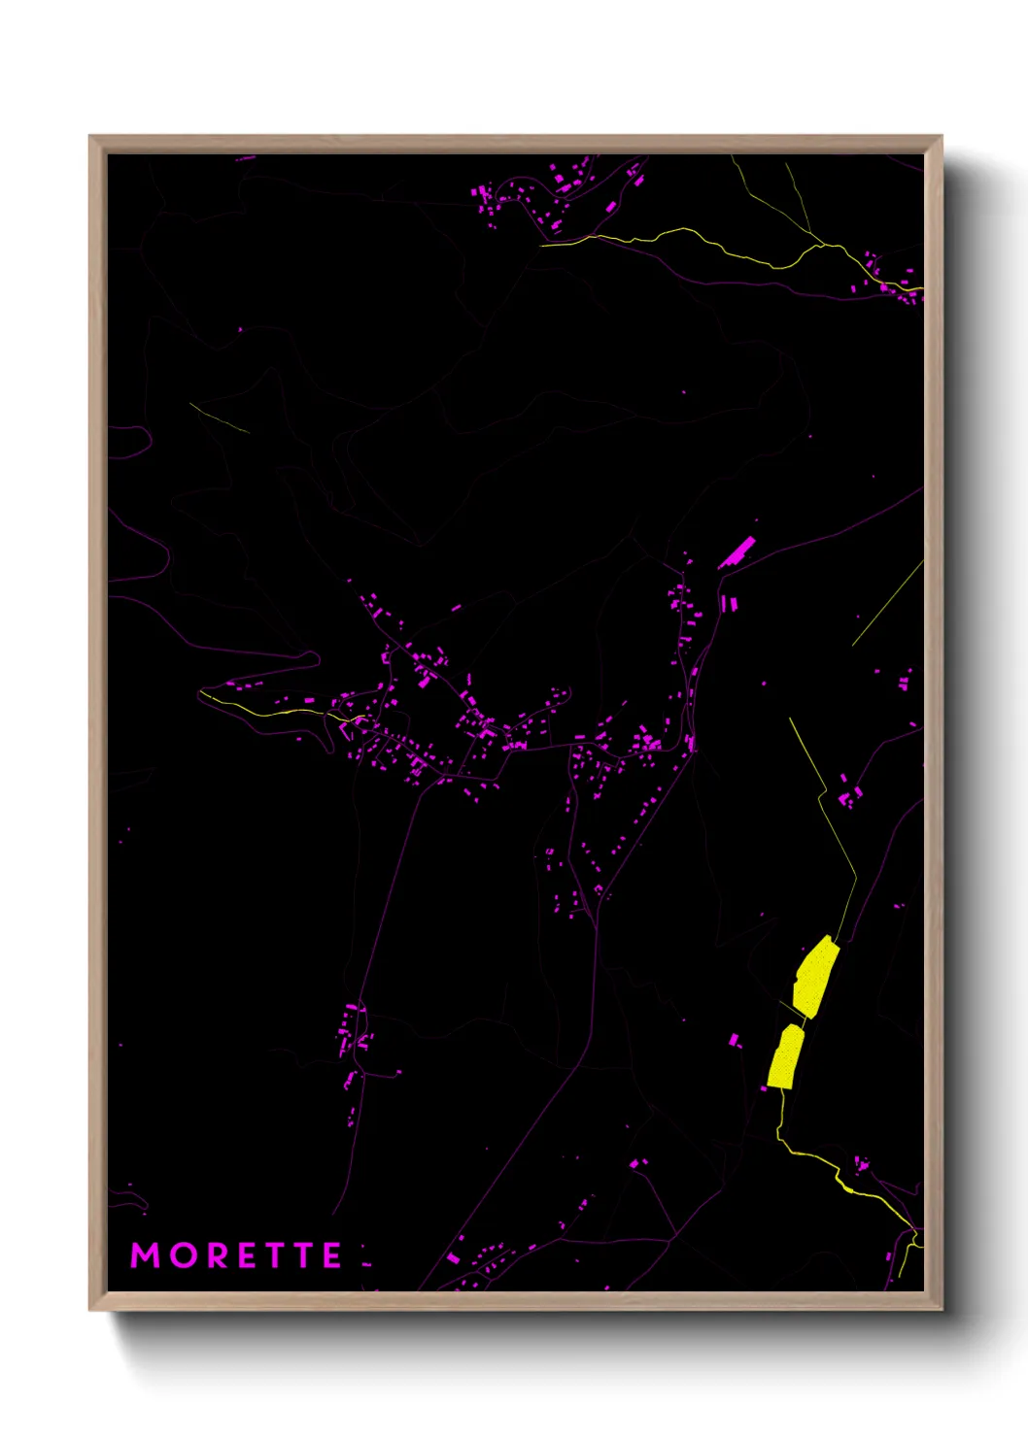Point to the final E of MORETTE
tap(332, 1255)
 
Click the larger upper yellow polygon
tap(814, 977)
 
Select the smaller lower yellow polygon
tap(785, 1056)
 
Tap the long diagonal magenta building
tap(737, 552)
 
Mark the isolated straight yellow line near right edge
tap(887, 602)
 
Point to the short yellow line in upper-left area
tap(219, 418)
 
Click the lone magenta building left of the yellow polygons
tap(735, 1040)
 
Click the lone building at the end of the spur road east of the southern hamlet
tap(398, 1073)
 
